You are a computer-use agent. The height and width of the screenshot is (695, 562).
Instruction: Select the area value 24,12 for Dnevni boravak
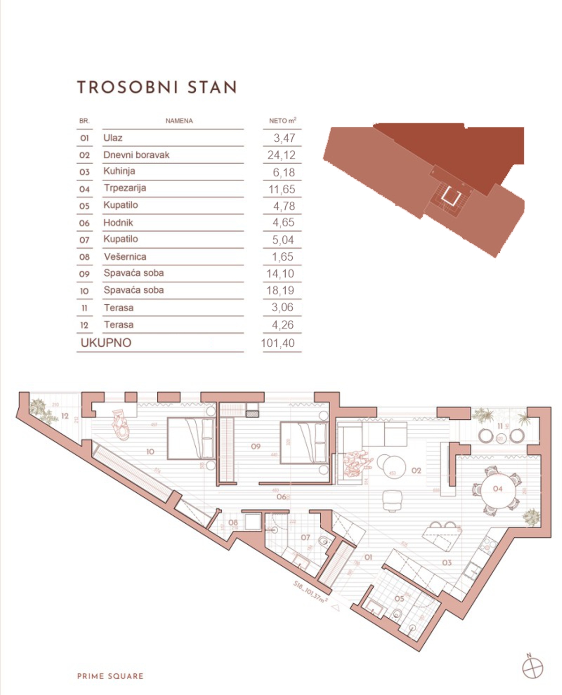click(x=281, y=155)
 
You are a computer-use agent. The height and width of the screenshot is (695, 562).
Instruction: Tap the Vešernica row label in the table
click(x=125, y=256)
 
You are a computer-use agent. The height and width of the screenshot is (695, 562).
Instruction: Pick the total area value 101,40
click(x=278, y=343)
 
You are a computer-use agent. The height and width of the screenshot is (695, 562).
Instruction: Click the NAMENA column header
click(x=179, y=121)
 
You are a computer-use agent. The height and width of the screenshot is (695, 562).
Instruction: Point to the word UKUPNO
click(x=106, y=343)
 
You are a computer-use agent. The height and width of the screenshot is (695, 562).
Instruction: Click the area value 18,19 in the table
click(x=280, y=290)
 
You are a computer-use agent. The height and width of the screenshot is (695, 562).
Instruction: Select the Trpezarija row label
click(x=125, y=188)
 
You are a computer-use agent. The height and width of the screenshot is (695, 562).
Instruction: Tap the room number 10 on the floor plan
click(x=150, y=452)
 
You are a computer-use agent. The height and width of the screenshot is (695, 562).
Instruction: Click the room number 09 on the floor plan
click(x=256, y=446)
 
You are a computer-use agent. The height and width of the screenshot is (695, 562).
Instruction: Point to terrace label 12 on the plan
click(x=65, y=416)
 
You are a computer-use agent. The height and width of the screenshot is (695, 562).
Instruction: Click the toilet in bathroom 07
click(x=324, y=542)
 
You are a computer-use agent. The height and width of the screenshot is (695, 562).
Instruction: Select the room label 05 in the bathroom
click(x=399, y=599)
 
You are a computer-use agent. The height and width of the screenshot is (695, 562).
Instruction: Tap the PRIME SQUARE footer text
click(x=110, y=676)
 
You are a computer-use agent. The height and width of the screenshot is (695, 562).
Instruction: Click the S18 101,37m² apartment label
click(x=310, y=592)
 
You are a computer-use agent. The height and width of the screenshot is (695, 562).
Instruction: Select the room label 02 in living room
click(x=416, y=470)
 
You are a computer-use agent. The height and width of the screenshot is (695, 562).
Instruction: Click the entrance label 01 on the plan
click(x=368, y=557)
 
